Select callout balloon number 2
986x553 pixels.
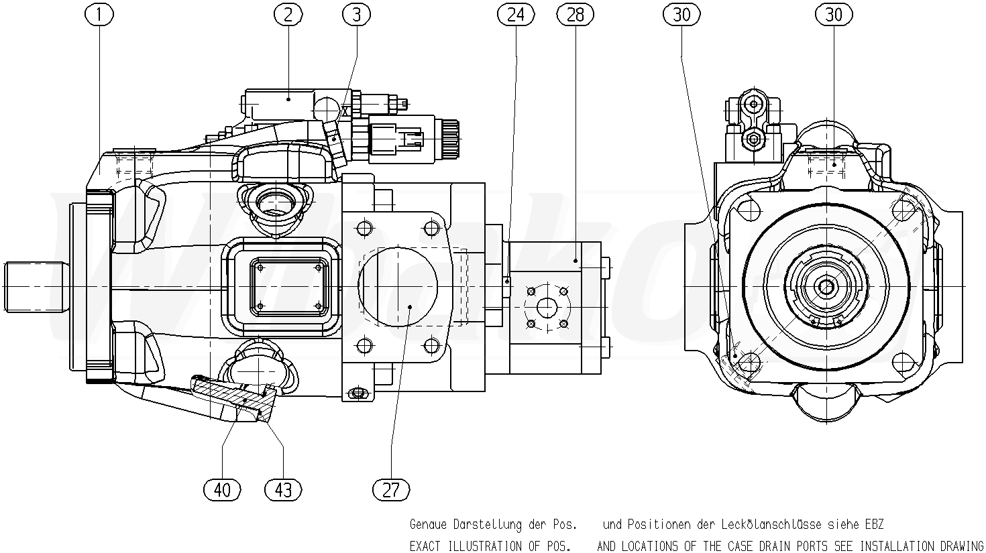[x=288, y=15]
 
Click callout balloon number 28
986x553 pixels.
[x=575, y=15]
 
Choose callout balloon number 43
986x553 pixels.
[x=283, y=490]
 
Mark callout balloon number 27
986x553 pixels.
[x=390, y=490]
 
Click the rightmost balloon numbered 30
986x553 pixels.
[x=834, y=15]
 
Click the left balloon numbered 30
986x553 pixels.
[x=681, y=15]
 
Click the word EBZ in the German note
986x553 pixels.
[x=873, y=524]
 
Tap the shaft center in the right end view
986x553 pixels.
[x=825, y=287]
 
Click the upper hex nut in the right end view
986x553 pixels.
[x=754, y=104]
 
